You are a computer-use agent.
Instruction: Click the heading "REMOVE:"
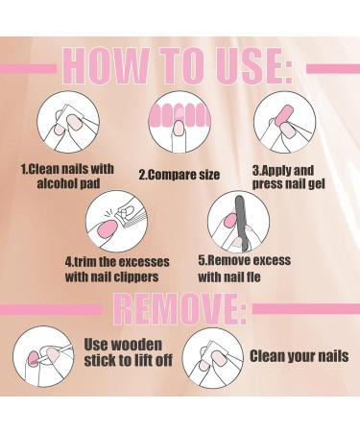(x=180, y=310)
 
